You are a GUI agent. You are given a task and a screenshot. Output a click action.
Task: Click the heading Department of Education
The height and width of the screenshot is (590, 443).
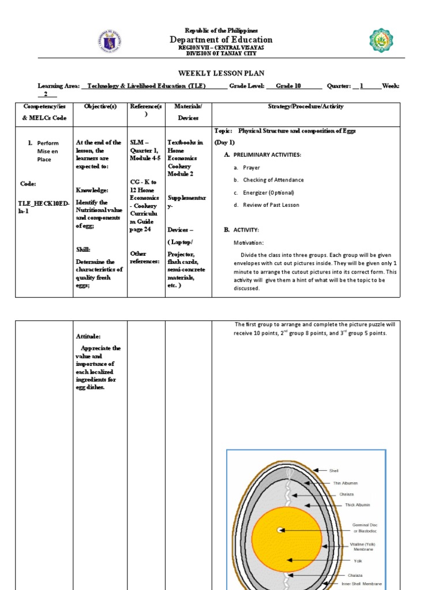pos(221,39)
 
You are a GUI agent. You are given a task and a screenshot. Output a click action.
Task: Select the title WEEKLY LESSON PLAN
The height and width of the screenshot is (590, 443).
pos(221,74)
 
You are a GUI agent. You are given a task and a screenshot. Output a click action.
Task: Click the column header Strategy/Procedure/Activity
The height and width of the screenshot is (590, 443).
pos(305,107)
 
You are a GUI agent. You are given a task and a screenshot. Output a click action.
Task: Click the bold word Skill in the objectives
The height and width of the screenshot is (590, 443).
pos(83,249)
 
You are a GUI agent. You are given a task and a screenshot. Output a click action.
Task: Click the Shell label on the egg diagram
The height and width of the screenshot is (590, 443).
pos(334,471)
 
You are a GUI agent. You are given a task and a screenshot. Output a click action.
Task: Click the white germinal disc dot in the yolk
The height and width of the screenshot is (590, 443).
pos(280,530)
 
